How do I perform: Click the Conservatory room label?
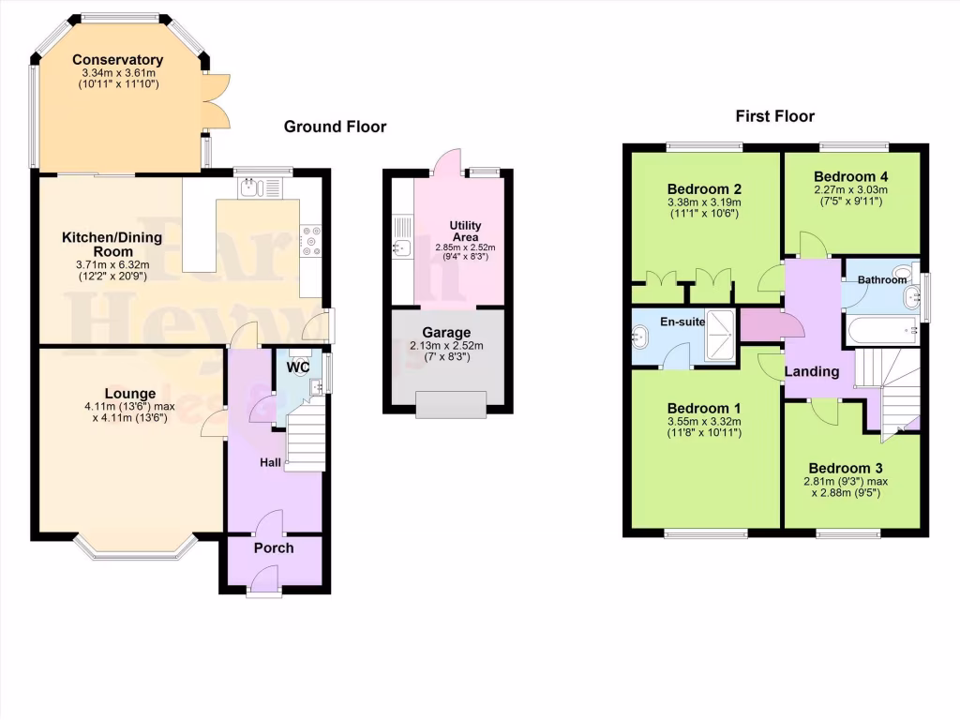point(117,60)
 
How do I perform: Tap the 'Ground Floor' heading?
point(335,127)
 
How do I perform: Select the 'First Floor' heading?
point(775,116)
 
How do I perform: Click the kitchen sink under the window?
point(249,188)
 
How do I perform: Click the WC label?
point(298,367)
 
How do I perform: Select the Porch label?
point(274,547)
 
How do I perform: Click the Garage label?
point(446,332)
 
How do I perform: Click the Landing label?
point(811,371)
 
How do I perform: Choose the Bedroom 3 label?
point(846,468)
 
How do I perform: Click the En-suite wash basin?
point(643,336)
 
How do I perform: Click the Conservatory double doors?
point(216,99)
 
